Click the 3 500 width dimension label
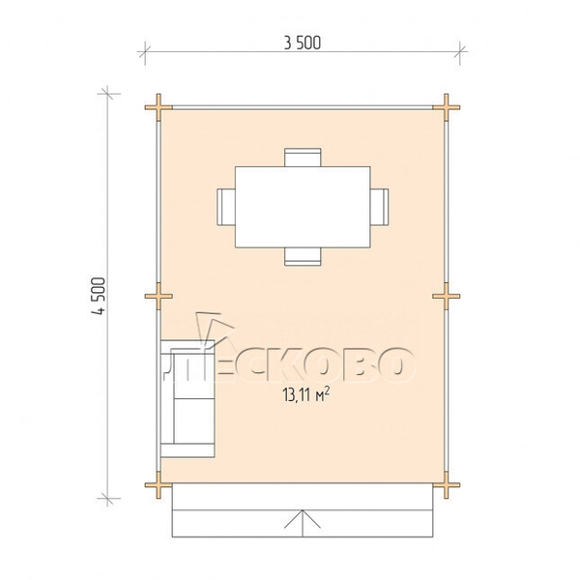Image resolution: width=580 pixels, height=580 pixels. tap(303, 43)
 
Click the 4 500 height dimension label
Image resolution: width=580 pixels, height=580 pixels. tap(99, 296)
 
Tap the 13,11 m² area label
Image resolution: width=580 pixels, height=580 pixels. tap(305, 394)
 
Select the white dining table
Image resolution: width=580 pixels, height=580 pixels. tap(303, 207)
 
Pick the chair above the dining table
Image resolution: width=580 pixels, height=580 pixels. tap(303, 158)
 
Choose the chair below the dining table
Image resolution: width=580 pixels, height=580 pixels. tap(303, 257)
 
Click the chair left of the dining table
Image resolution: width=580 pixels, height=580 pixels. tap(226, 207)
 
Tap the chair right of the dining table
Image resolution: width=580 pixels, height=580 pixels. tap(380, 207)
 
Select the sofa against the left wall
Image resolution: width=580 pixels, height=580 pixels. tap(188, 398)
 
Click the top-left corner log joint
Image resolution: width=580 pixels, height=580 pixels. tap(159, 107)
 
